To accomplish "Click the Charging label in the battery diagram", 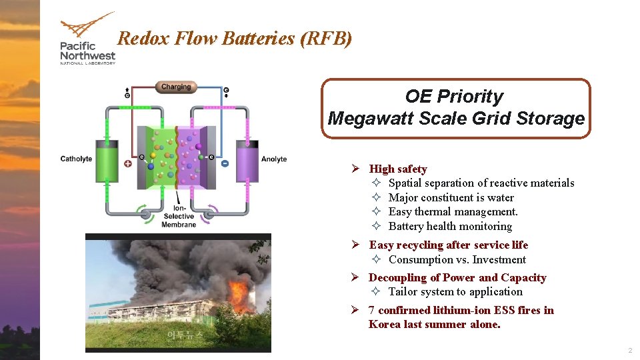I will click(175, 87).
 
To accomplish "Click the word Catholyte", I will click(76, 159).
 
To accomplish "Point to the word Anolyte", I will click(274, 159).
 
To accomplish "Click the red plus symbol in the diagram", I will click(127, 163).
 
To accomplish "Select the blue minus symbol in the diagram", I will click(225, 163).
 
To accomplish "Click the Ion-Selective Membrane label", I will click(179, 216).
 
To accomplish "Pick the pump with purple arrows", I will click(208, 213).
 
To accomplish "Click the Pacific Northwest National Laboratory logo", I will click(87, 39).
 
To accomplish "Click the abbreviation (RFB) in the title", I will click(326, 39).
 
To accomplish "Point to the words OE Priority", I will click(454, 96).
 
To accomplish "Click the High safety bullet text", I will click(398, 169).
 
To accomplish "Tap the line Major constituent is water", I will click(451, 197).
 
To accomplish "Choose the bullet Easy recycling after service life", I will click(448, 245).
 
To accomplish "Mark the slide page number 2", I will click(629, 351).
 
